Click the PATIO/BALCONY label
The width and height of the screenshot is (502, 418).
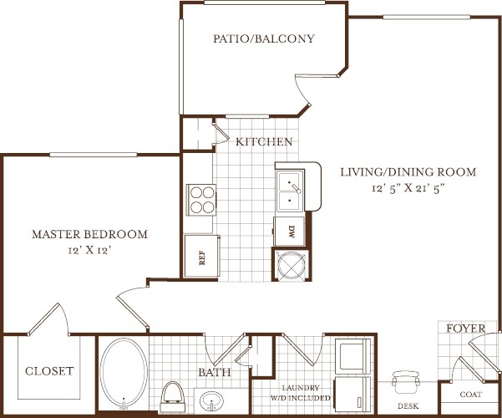tap(264, 38)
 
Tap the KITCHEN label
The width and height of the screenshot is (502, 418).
tap(264, 141)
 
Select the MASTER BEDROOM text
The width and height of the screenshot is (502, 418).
tap(90, 234)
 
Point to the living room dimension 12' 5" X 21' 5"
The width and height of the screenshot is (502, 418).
tap(408, 188)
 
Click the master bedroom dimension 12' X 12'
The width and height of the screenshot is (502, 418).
tap(90, 250)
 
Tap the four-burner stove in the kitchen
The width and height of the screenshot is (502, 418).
tap(201, 200)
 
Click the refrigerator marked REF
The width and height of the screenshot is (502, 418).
tap(202, 256)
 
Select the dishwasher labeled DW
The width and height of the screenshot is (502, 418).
tap(289, 231)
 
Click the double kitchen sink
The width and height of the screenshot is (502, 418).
tap(290, 191)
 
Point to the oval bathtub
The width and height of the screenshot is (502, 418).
tap(124, 374)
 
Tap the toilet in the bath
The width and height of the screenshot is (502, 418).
tap(173, 396)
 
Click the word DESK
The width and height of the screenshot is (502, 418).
tap(408, 406)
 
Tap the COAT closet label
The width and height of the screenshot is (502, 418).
tap(470, 395)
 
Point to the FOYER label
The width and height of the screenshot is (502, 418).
tap(466, 329)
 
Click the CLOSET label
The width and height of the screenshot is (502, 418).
tap(49, 371)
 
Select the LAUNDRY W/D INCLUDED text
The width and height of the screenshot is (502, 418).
tap(301, 393)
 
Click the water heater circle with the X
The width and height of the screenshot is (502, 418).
tap(291, 264)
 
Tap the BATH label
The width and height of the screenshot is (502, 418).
tap(215, 372)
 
